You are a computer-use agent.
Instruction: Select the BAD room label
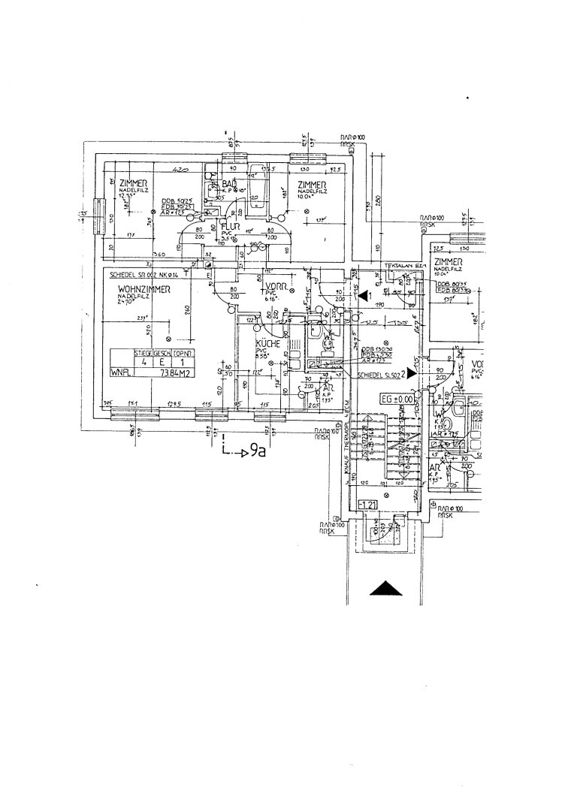pyautogui.click(x=229, y=184)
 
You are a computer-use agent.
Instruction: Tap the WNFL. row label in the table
pyautogui.click(x=119, y=371)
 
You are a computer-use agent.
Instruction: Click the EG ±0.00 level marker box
pyautogui.click(x=397, y=399)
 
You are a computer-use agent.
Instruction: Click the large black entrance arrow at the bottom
pyautogui.click(x=387, y=589)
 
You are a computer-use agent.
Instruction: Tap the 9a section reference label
pyautogui.click(x=258, y=451)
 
